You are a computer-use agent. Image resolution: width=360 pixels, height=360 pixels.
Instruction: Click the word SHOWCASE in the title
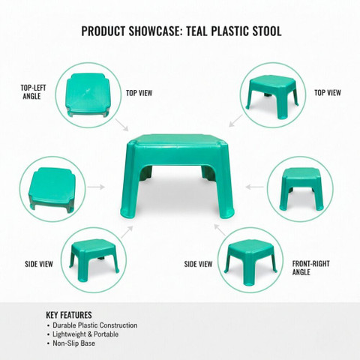click(154, 31)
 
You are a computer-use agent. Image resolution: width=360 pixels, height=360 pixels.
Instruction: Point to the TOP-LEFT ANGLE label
click(33, 92)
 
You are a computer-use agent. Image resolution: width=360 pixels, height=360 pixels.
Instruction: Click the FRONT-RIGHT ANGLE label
click(310, 268)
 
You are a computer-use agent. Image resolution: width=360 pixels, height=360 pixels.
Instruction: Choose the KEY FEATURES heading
click(69, 315)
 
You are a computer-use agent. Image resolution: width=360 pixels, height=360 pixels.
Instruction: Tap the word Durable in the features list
click(64, 325)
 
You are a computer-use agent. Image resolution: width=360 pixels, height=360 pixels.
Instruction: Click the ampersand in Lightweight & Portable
click(90, 334)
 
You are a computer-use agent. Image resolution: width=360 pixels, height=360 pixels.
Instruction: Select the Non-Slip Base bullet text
click(73, 343)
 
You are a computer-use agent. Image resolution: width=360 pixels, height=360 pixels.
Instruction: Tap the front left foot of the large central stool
click(127, 212)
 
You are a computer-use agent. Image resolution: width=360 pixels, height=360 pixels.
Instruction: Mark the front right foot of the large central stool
click(227, 212)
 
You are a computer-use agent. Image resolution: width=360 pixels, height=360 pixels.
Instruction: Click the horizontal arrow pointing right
click(96, 187)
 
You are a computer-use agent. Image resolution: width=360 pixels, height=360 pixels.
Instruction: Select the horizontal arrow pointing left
click(255, 187)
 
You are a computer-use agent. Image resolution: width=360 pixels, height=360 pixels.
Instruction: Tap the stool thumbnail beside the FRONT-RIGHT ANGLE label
click(250, 262)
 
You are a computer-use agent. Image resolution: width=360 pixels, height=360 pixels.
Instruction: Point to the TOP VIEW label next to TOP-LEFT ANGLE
click(139, 93)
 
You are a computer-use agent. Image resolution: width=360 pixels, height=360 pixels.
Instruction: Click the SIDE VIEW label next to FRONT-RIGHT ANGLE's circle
click(198, 264)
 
